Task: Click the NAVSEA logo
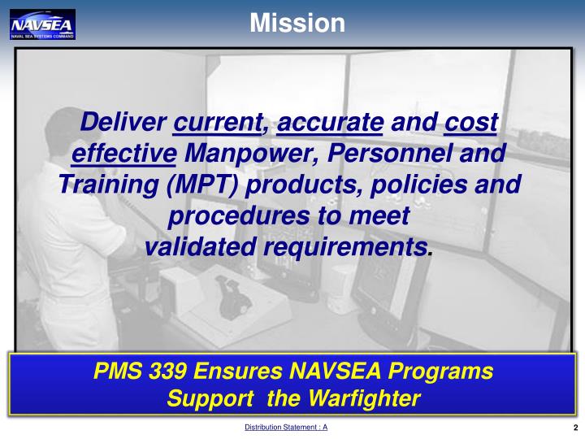42,24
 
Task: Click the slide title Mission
297,23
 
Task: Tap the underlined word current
218,124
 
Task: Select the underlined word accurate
330,124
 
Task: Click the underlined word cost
471,124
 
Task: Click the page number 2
574,428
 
